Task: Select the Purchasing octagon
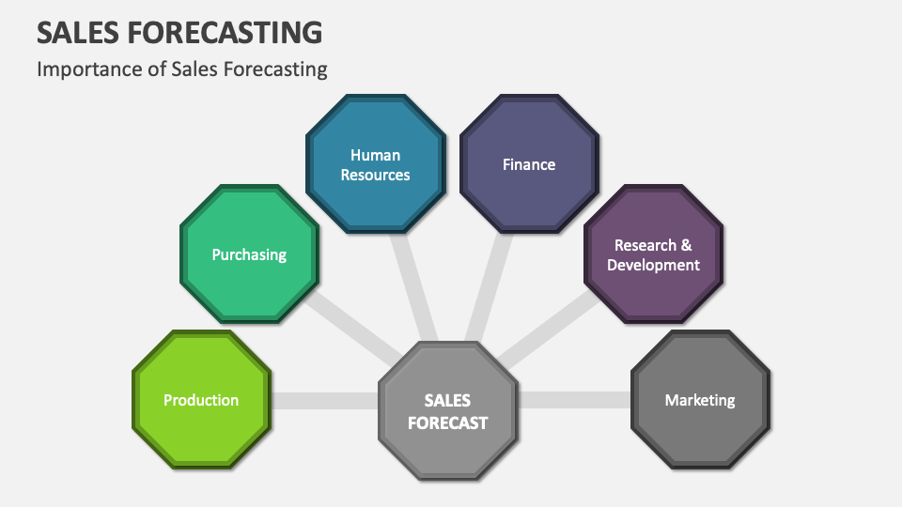[249, 254]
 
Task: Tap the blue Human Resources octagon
[375, 164]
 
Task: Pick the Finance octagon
[528, 164]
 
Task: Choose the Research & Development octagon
[653, 254]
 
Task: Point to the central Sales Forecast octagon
[447, 411]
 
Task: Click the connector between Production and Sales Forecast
[324, 401]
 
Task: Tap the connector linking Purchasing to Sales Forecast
[348, 324]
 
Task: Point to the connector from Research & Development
[550, 324]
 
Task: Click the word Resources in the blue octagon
[375, 175]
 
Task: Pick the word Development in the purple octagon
[653, 265]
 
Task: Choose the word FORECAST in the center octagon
[447, 423]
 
